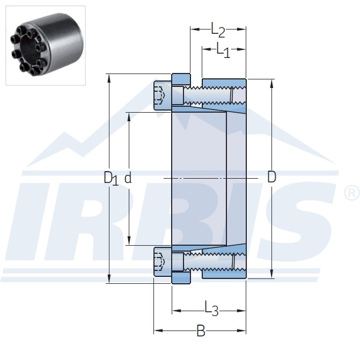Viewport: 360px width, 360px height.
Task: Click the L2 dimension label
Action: (x=218, y=30)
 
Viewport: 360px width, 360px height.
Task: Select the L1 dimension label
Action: (x=223, y=50)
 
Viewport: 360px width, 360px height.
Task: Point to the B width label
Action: (x=201, y=330)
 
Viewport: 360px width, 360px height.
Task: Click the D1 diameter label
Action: (x=111, y=178)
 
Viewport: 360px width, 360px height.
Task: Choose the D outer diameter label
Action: (x=271, y=177)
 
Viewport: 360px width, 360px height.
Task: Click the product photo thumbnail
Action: (x=46, y=46)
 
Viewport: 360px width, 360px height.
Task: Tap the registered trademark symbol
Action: (x=351, y=194)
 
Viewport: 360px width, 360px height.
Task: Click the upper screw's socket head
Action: (x=163, y=95)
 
